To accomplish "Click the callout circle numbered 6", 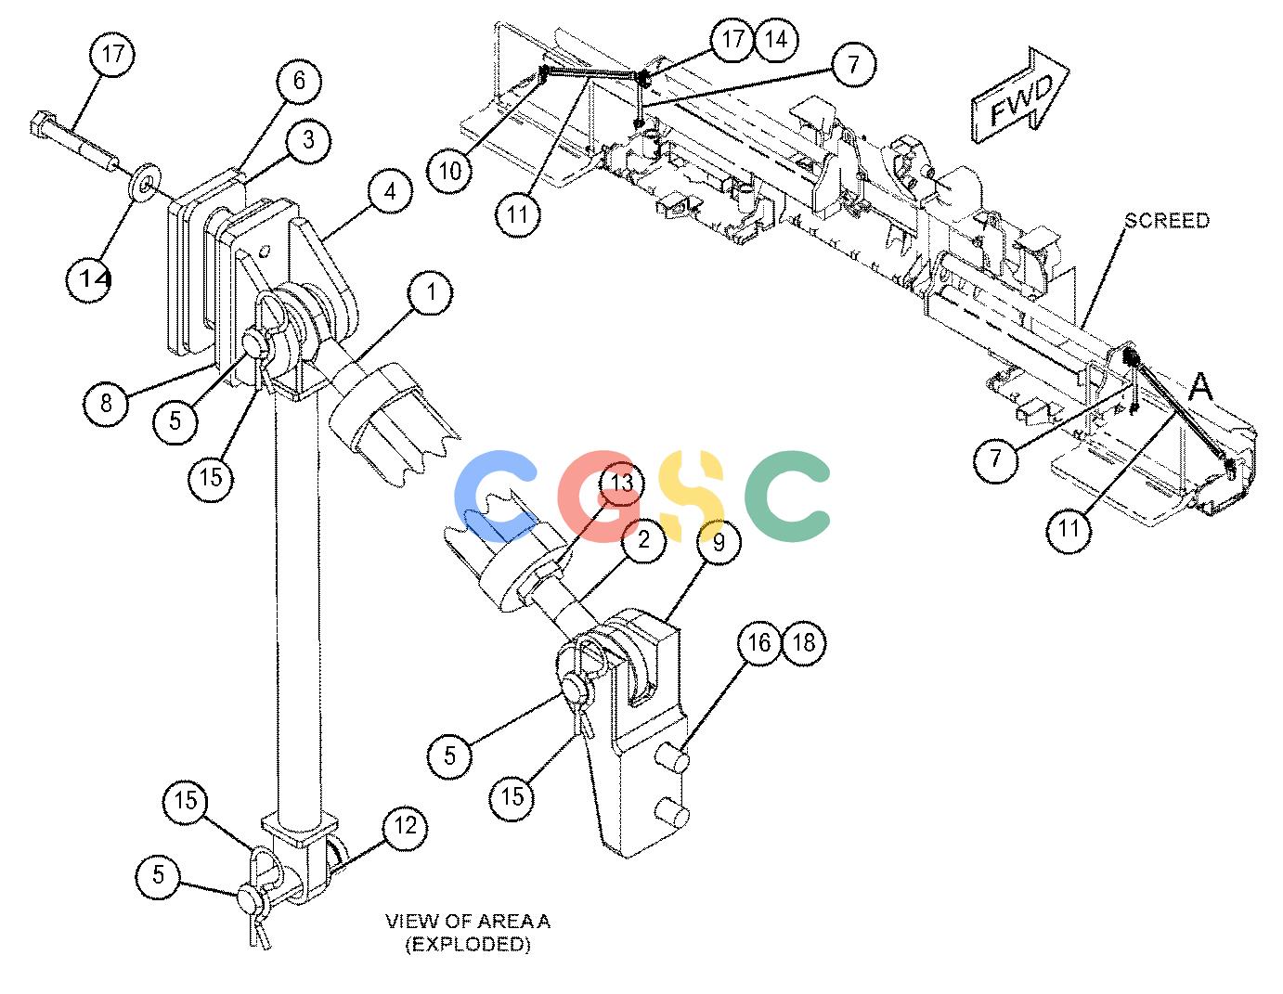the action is (x=299, y=80).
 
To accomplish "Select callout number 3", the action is (x=308, y=140).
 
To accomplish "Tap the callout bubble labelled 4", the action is (x=390, y=192).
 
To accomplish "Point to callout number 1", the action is (x=431, y=292).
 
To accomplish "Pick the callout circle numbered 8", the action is (x=106, y=403).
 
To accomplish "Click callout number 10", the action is (x=450, y=172).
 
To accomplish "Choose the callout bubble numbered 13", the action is (x=621, y=484).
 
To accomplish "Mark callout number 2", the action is (x=643, y=539).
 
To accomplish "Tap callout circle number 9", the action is (x=719, y=542).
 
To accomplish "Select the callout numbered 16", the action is (x=759, y=643).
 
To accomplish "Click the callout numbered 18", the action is (x=804, y=643).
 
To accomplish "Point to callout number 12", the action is (x=405, y=826).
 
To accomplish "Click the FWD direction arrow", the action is (x=1020, y=96).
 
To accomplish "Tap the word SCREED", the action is (x=1167, y=221).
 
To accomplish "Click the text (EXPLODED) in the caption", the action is (x=468, y=945).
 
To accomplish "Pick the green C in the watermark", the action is (x=787, y=496).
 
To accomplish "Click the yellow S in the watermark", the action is (x=691, y=496).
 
